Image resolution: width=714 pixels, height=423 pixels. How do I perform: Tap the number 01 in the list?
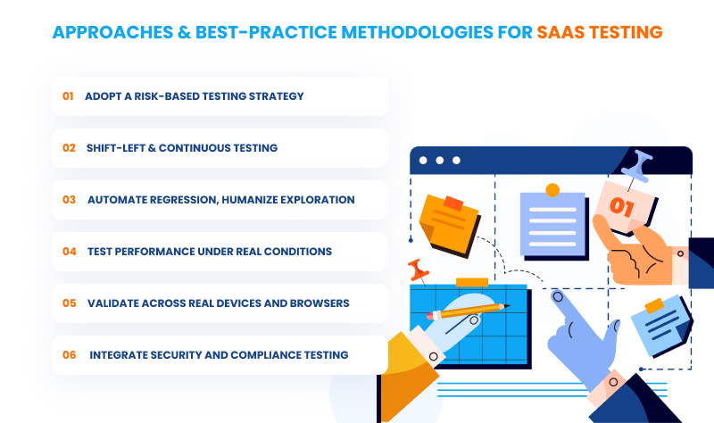pyautogui.click(x=68, y=96)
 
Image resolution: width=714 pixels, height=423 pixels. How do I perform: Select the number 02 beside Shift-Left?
pyautogui.click(x=69, y=148)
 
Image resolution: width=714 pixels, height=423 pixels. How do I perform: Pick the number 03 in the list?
pyautogui.click(x=69, y=200)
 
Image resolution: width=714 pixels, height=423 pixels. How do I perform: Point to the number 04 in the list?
pyautogui.click(x=69, y=252)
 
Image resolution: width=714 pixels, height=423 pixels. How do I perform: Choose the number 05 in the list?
pyautogui.click(x=69, y=303)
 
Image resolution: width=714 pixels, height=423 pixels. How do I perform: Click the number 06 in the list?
pyautogui.click(x=69, y=355)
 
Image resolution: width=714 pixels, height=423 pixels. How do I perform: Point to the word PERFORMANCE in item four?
pyautogui.click(x=153, y=252)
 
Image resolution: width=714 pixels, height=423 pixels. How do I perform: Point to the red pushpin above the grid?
pyautogui.click(x=416, y=269)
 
